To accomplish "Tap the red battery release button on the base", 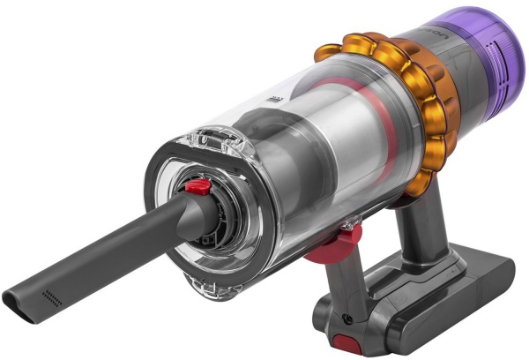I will click(x=340, y=342).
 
